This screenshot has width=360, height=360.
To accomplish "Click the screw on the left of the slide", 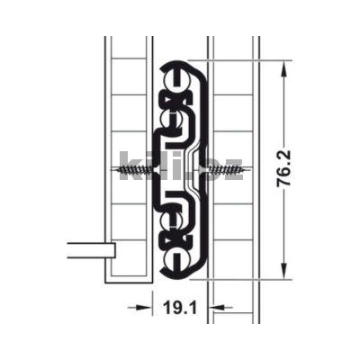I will [136, 168].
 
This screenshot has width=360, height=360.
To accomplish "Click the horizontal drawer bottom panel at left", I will [89, 249].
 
